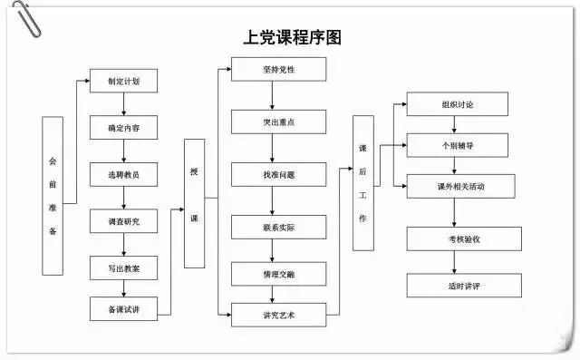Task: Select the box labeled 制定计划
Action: click(x=123, y=81)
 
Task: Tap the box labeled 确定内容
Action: click(x=123, y=127)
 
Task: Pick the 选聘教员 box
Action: click(x=123, y=174)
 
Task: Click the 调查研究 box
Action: click(x=123, y=220)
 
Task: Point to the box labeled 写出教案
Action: click(x=123, y=268)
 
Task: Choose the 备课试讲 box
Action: click(x=123, y=309)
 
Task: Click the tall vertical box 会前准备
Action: click(x=53, y=195)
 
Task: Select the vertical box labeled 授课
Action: click(x=194, y=204)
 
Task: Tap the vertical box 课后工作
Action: click(x=362, y=182)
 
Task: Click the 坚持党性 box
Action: click(x=277, y=69)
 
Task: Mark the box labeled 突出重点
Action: click(x=277, y=122)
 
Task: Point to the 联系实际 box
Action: click(x=277, y=226)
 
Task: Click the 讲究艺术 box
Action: click(x=277, y=316)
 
